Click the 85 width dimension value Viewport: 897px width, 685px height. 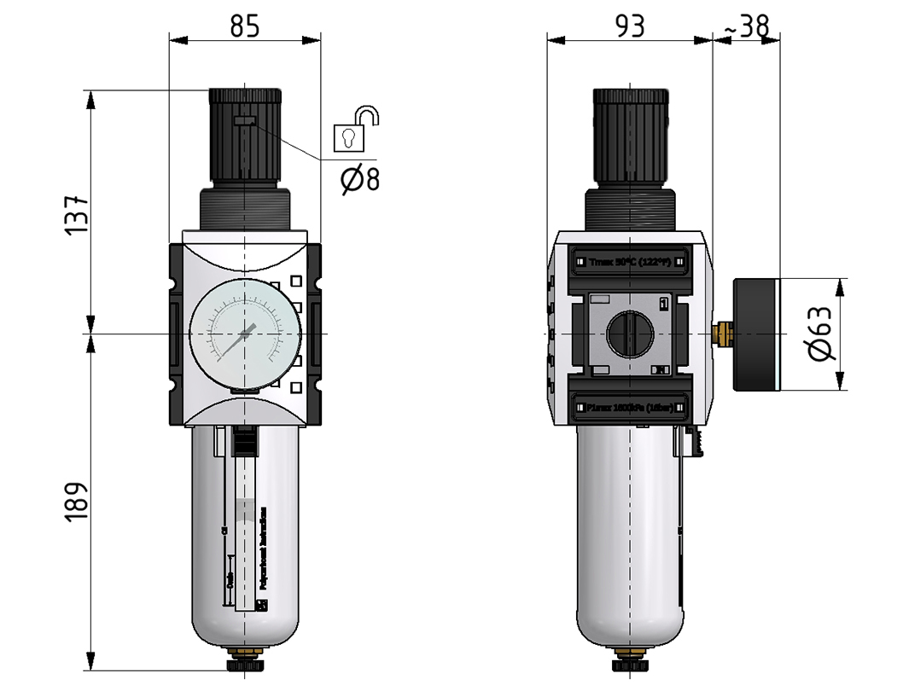point(245,27)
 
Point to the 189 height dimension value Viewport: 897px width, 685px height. point(76,502)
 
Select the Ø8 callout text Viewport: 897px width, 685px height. point(359,180)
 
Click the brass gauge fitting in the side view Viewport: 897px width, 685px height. point(724,334)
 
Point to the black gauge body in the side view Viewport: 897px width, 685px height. point(758,334)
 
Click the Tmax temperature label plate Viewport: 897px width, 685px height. point(630,260)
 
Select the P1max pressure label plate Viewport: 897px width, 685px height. point(630,409)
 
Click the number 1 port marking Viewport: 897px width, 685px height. point(664,303)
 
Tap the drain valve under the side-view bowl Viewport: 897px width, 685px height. point(630,660)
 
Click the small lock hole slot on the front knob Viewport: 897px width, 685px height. point(243,122)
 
